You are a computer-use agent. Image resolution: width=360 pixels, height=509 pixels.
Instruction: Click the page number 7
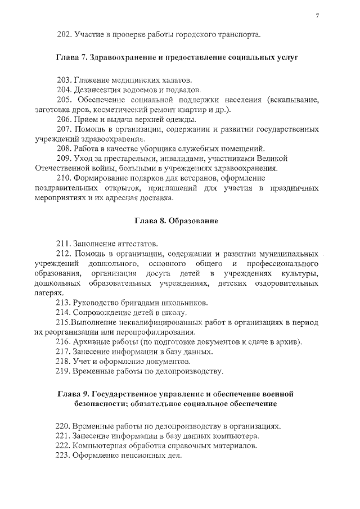tap(317, 15)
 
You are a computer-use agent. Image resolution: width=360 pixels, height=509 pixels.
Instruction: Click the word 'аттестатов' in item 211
tap(138, 244)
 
